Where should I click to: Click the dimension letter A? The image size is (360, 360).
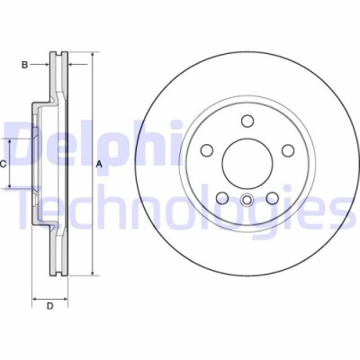99,164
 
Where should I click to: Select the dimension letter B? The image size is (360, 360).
26,64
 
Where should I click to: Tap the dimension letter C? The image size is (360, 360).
4,163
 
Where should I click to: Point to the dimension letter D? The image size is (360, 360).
50,307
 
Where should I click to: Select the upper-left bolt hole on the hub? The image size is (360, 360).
207,150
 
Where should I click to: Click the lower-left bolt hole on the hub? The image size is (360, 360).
221,196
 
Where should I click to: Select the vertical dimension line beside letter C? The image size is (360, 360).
11,163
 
